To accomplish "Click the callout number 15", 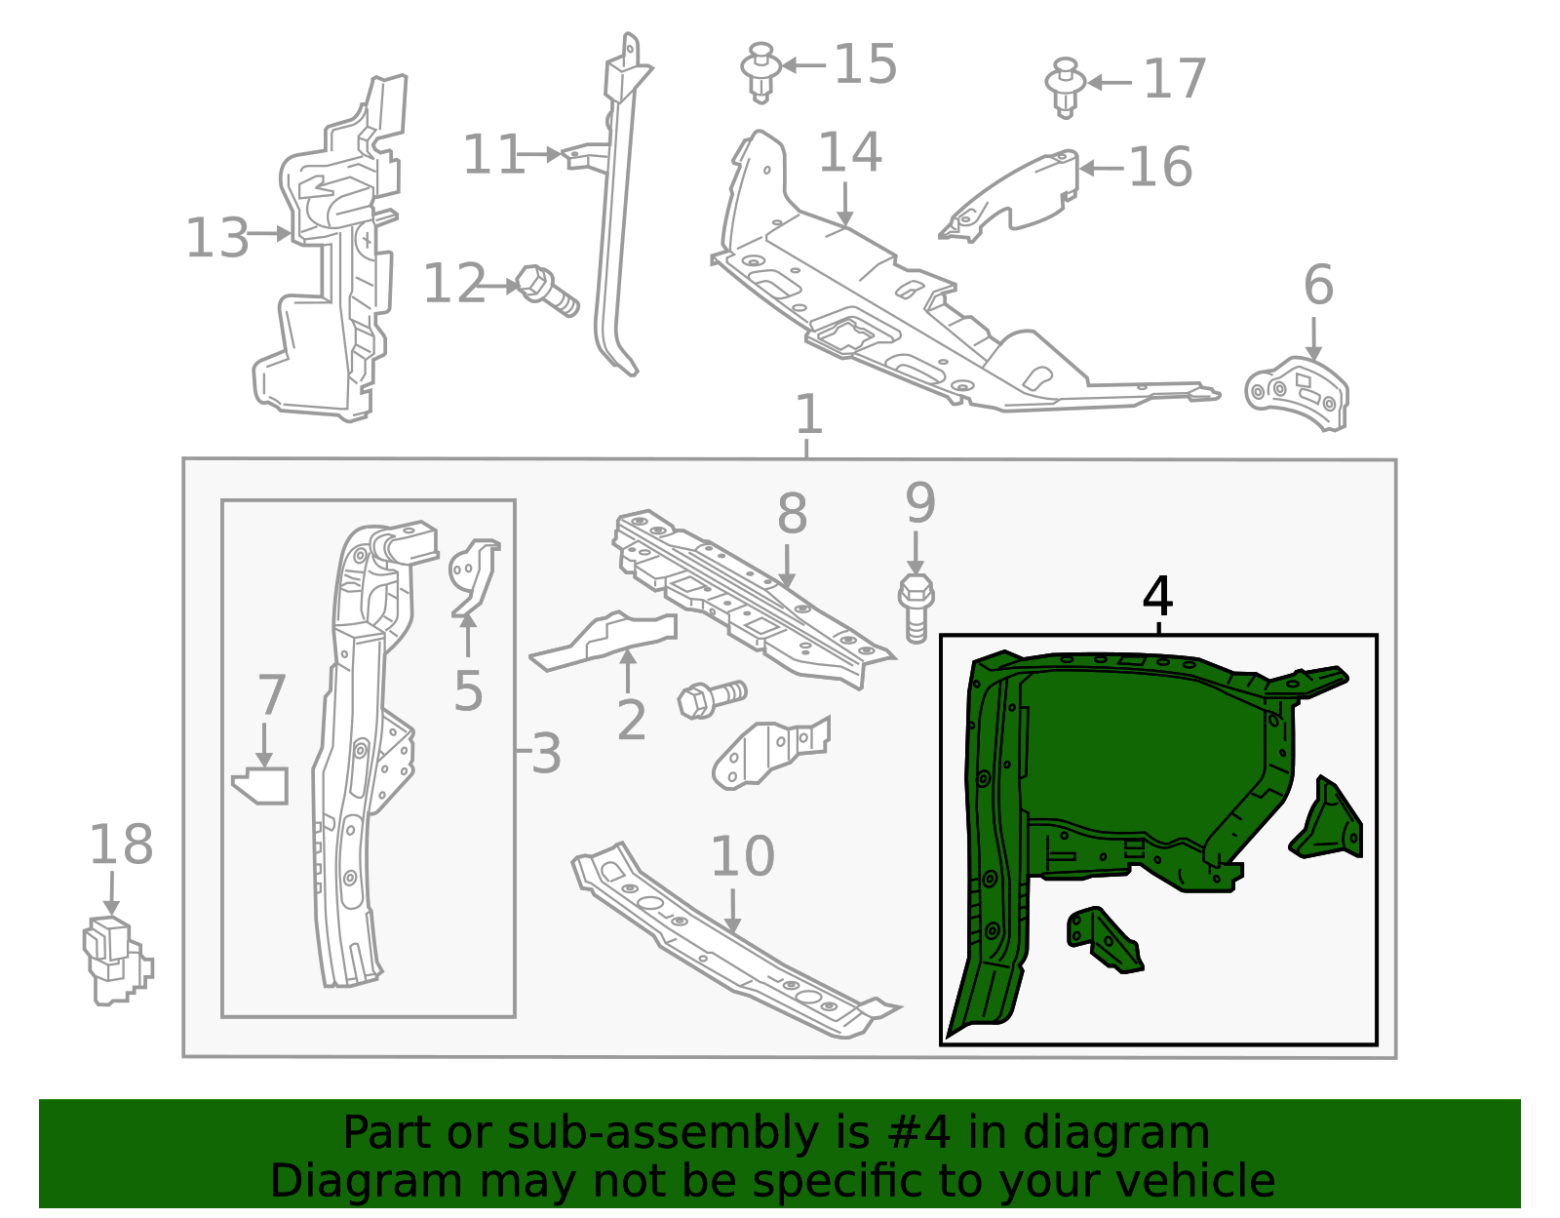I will [x=866, y=65].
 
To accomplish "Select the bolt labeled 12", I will [x=546, y=291].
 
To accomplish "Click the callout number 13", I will [x=217, y=238].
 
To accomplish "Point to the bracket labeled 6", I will [x=1298, y=394].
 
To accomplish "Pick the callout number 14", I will [x=849, y=153].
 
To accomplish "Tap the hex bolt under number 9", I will [x=916, y=608].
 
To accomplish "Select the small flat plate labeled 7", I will [x=261, y=786].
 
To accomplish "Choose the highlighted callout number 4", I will [x=1157, y=597].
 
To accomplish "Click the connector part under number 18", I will [x=116, y=960].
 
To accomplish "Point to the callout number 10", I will [x=742, y=857].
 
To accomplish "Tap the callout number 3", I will [x=546, y=754].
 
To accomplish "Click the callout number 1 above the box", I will [x=808, y=415].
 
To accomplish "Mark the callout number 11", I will [x=492, y=155].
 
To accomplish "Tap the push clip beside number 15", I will [x=760, y=71].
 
